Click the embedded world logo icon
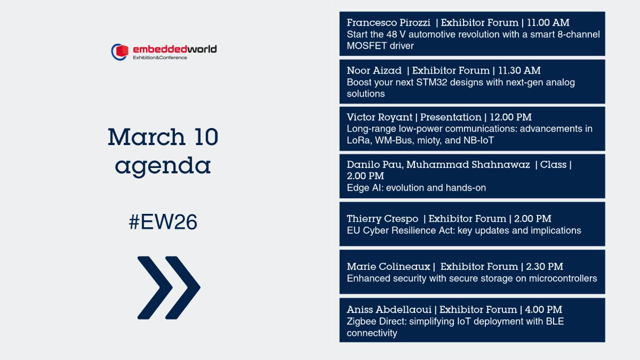click(121, 52)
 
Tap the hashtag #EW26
click(163, 222)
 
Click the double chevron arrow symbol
click(169, 287)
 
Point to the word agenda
click(163, 166)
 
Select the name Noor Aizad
click(373, 70)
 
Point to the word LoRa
click(357, 141)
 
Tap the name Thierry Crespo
click(382, 219)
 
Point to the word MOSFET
click(364, 46)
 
